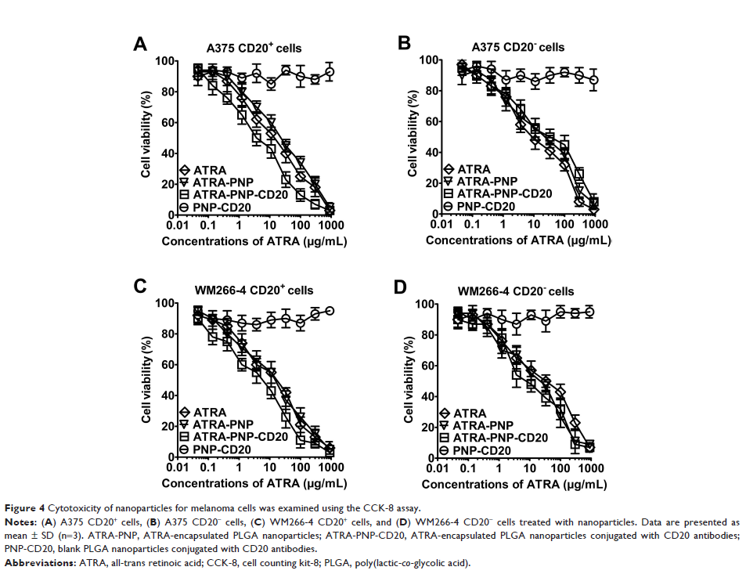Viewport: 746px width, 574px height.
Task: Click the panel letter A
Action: (x=139, y=45)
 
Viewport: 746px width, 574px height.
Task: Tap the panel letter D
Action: (x=401, y=287)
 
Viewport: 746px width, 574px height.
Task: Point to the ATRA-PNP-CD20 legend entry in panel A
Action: (x=236, y=194)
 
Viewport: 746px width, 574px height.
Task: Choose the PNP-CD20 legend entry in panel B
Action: (x=486, y=206)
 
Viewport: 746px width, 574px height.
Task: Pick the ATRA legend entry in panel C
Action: (x=211, y=413)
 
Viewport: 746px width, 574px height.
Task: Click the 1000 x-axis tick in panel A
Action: (x=330, y=226)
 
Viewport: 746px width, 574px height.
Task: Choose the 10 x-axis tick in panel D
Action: (x=530, y=469)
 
